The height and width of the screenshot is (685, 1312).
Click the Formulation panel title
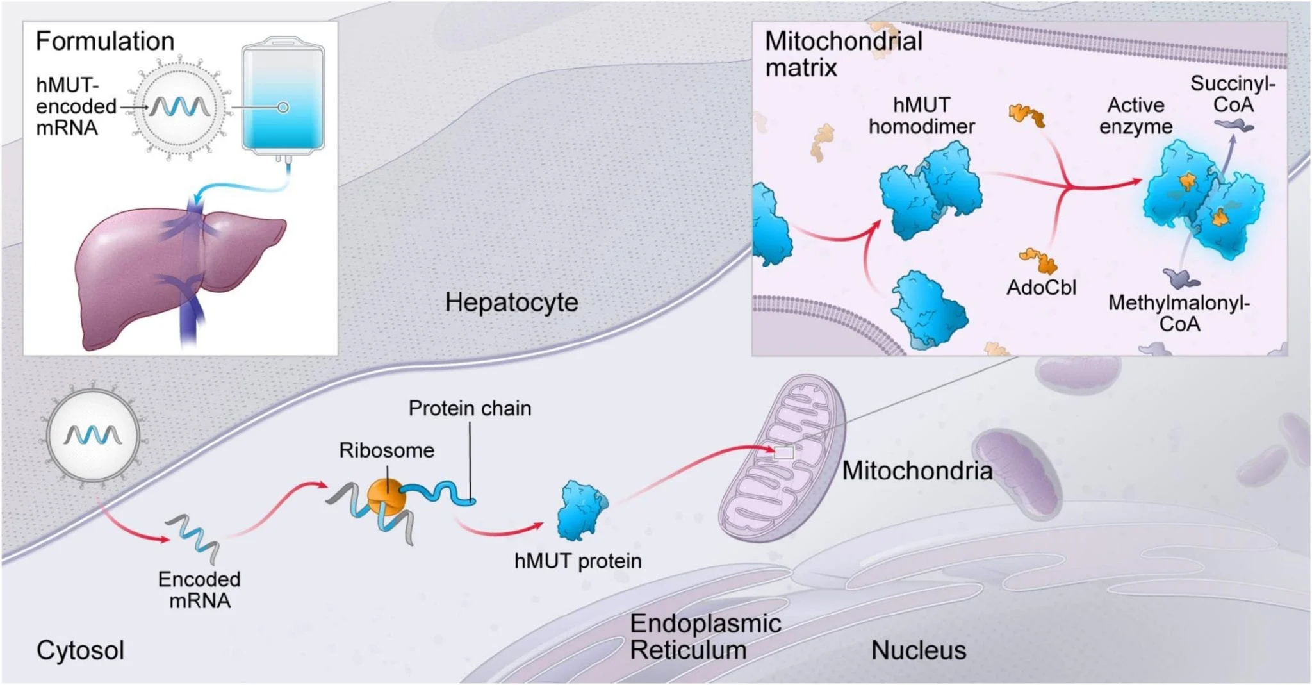[x=104, y=41]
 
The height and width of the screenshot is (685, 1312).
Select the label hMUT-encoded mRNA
[x=75, y=106]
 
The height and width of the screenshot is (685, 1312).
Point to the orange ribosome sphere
[x=386, y=497]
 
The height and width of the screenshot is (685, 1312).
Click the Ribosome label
[x=386, y=450]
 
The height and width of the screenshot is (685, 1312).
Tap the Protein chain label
[x=470, y=408]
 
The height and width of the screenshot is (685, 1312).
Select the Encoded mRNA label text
[x=199, y=590]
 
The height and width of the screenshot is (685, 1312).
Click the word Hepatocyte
[x=511, y=302]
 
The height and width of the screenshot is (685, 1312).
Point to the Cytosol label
[x=80, y=650]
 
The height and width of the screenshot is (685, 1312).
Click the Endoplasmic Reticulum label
[x=705, y=636]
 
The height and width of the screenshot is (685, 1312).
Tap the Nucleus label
[x=918, y=650]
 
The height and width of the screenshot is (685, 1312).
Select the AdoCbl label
[x=1041, y=287]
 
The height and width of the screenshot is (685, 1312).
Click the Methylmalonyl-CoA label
[x=1179, y=313]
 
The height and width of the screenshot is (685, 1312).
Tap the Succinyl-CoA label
[x=1233, y=94]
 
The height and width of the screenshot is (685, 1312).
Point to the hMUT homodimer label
[x=921, y=115]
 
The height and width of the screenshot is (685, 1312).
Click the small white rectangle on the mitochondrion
[x=784, y=453]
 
